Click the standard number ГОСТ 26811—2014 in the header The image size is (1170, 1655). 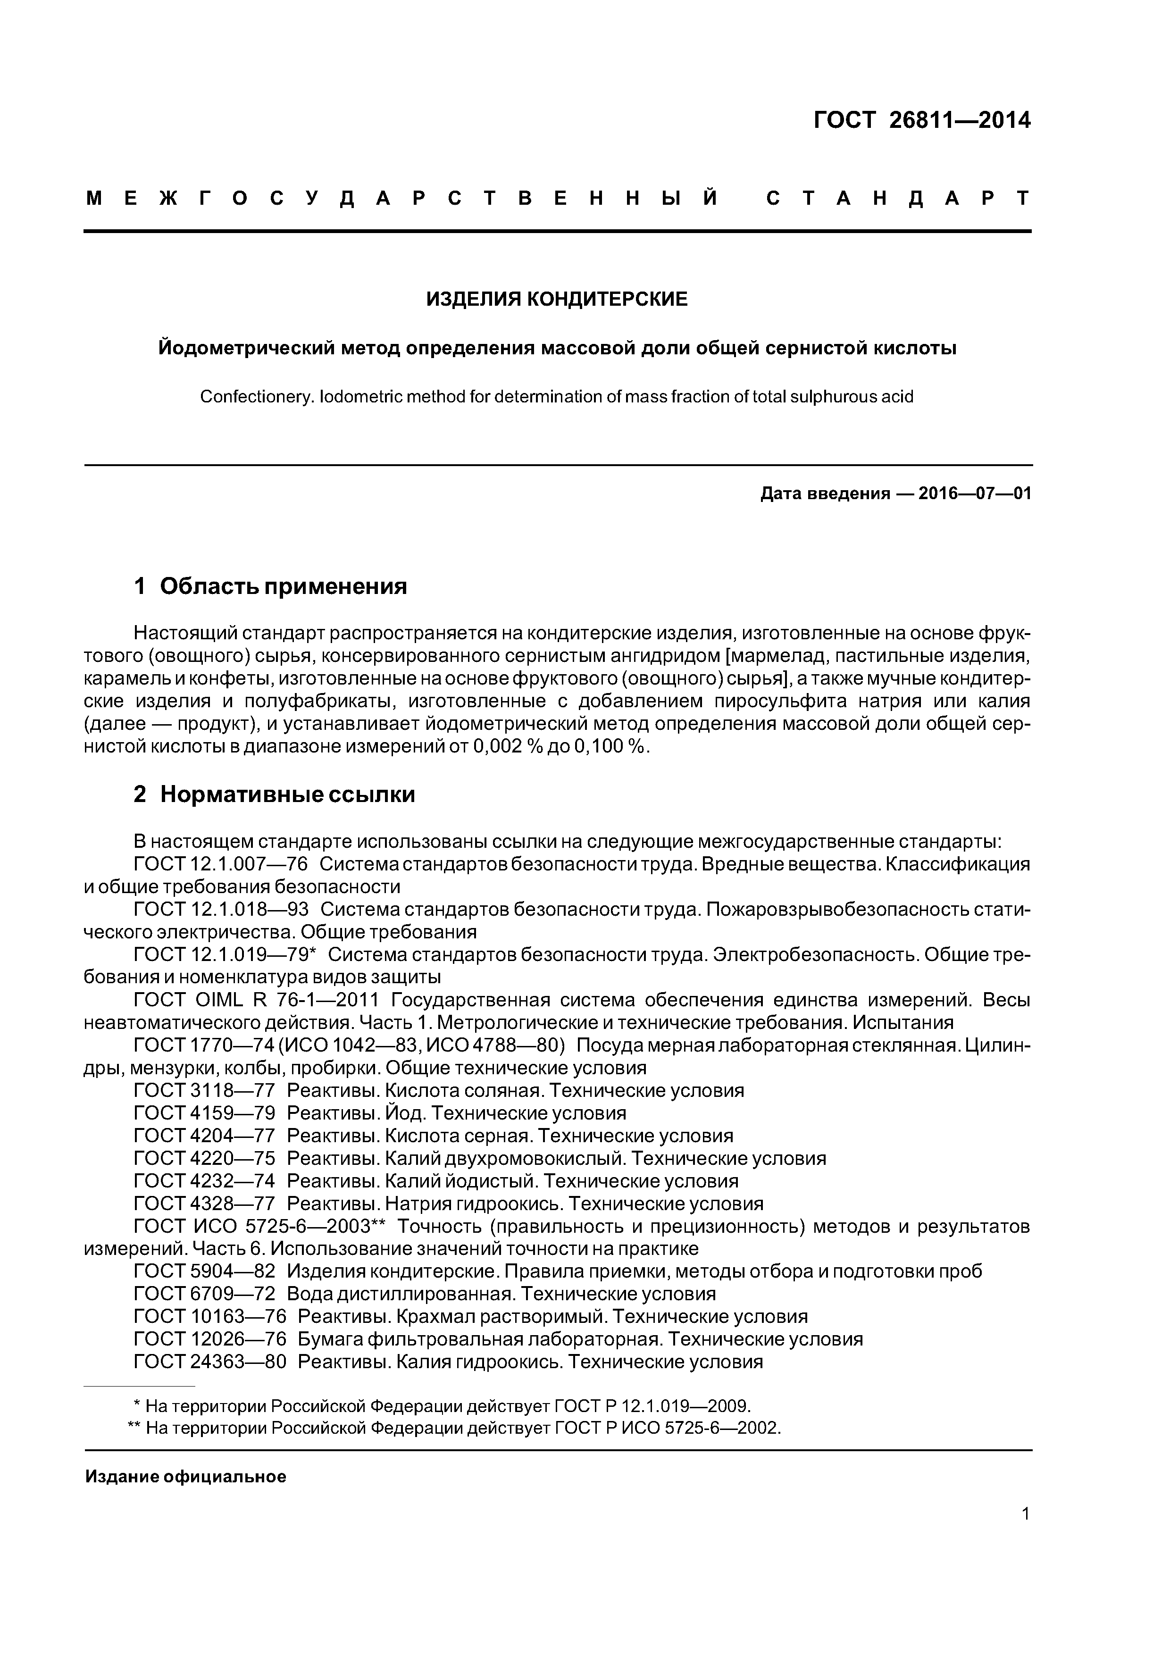coord(921,120)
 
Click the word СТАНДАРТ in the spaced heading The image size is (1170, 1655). coord(897,198)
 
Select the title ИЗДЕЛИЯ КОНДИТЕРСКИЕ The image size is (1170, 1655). coord(557,299)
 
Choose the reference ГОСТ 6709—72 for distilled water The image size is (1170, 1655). coord(205,1295)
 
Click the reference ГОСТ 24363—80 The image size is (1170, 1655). coord(210,1362)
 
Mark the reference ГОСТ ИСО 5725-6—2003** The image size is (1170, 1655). coord(261,1227)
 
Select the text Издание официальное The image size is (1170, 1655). coord(185,1477)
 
